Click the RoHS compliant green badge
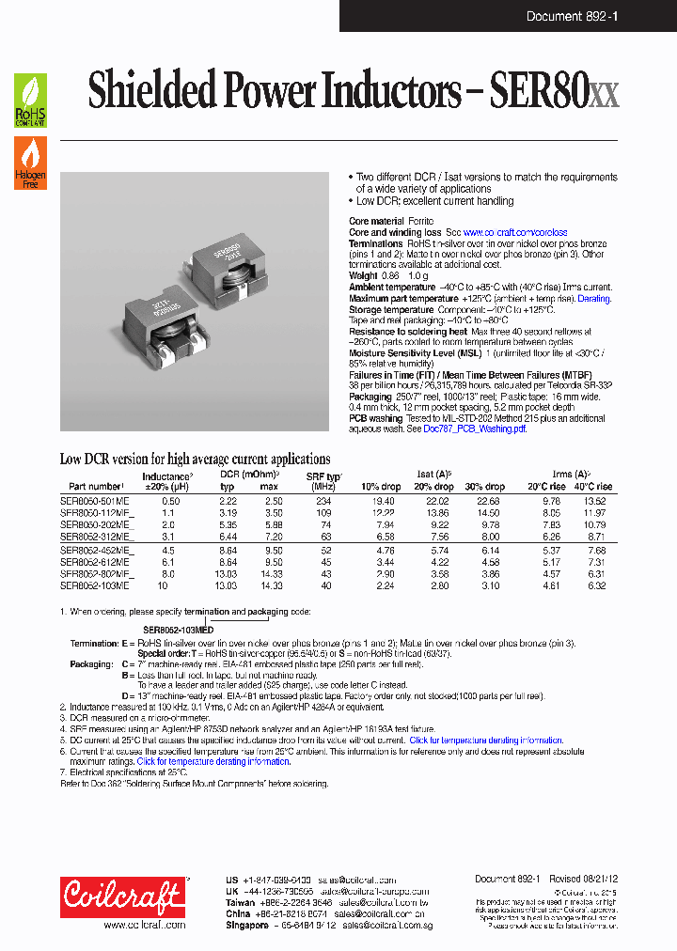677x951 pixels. coord(29,101)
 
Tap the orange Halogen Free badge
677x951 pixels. coord(29,164)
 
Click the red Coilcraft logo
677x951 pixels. coord(123,896)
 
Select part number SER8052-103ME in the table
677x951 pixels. coord(97,585)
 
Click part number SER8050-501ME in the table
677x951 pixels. coord(97,502)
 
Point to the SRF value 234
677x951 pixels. coord(325,502)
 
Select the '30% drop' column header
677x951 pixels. coord(485,487)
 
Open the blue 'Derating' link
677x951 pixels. coord(593,298)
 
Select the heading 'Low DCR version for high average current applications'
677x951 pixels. coord(195,460)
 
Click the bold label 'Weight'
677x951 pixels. coord(367,276)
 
